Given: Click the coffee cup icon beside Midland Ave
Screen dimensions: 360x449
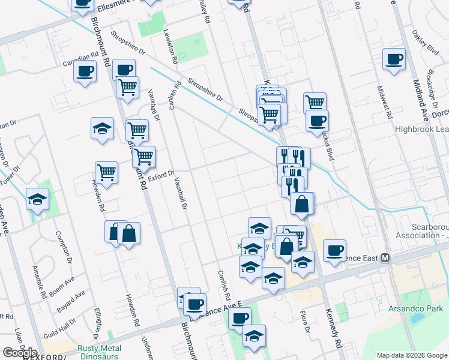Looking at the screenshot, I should point(394,60).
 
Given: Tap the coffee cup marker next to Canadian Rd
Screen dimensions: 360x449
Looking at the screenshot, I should point(85,72).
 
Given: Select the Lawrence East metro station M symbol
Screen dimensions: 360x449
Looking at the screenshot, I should point(385,258).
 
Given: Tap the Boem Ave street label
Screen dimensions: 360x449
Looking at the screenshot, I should point(65,284).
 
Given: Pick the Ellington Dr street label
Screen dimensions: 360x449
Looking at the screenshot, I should point(96,323).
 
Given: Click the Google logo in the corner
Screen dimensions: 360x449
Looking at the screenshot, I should point(20,353).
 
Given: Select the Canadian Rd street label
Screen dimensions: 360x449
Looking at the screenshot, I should point(80,59).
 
